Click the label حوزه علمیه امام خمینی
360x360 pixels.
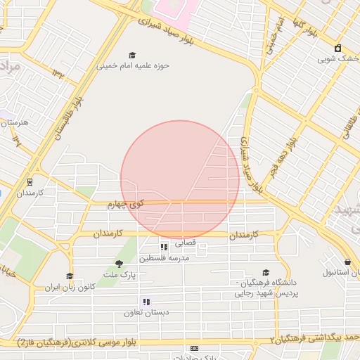click(134, 66)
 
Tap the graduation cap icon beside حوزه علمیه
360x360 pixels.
click(132, 55)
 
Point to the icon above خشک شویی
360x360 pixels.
click(338, 48)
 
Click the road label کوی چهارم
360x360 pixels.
click(126, 204)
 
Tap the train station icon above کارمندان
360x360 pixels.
click(30, 181)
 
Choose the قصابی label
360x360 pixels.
click(185, 243)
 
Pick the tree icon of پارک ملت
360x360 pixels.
click(119, 264)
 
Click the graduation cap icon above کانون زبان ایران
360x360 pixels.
click(69, 276)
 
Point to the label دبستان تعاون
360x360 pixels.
click(143, 313)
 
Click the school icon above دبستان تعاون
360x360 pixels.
click(146, 302)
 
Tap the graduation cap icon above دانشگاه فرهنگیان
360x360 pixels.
click(265, 273)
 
